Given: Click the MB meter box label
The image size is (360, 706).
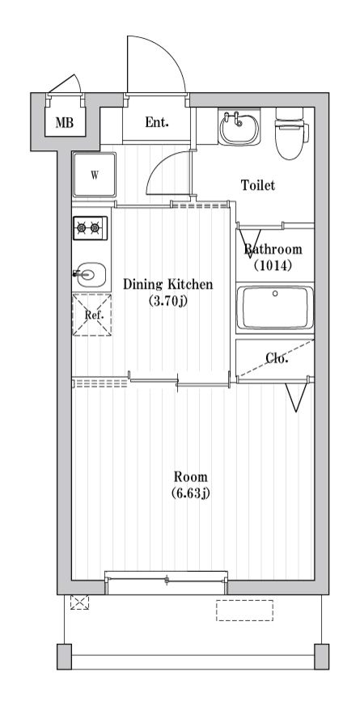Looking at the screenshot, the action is pos(65,122).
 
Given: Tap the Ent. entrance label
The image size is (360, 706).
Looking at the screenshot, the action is pos(157,122).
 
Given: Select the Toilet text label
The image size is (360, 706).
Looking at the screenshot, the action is pos(258,185).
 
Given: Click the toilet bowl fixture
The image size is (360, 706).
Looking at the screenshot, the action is pos(291,133).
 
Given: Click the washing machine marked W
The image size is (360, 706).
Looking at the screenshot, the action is pos(95,175).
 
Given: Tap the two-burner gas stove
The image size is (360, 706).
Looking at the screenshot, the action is pos(90,228).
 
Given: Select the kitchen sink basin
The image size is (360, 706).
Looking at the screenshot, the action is pos(91,274).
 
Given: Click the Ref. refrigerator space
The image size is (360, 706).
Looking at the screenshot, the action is pos(92,315).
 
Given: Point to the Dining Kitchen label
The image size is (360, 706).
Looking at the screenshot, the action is pos(167,285).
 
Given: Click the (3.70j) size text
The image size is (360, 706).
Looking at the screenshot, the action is pos(167,301).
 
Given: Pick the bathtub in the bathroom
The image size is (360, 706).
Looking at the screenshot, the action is pos(275,308).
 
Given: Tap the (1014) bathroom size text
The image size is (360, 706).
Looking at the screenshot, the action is pos(273,265).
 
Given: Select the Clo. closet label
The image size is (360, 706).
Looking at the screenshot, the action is pos(277,358).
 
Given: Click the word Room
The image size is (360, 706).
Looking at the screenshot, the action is pos(191,476).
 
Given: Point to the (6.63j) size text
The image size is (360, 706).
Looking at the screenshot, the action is pos(191,493).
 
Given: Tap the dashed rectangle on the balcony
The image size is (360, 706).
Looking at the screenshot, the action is pos(244,611).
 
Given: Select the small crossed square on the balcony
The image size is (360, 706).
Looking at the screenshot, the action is pos(79,602).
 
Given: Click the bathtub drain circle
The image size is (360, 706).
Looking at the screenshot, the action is pos(275,294).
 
